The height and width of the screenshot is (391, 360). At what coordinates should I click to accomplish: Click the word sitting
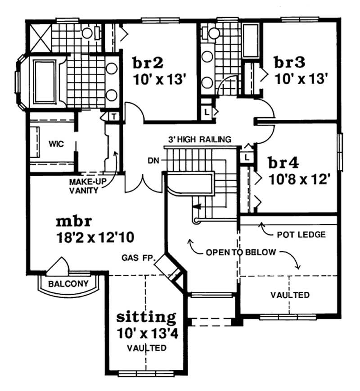146,317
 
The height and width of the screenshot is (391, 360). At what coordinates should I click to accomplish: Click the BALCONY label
68,284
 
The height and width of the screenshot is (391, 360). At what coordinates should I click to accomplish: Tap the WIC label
57,144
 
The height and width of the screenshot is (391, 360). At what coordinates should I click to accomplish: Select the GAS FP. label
138,258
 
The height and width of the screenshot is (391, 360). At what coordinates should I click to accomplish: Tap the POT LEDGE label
301,235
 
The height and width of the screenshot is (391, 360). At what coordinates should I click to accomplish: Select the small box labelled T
114,116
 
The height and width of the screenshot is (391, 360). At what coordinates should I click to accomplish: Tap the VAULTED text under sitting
146,348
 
